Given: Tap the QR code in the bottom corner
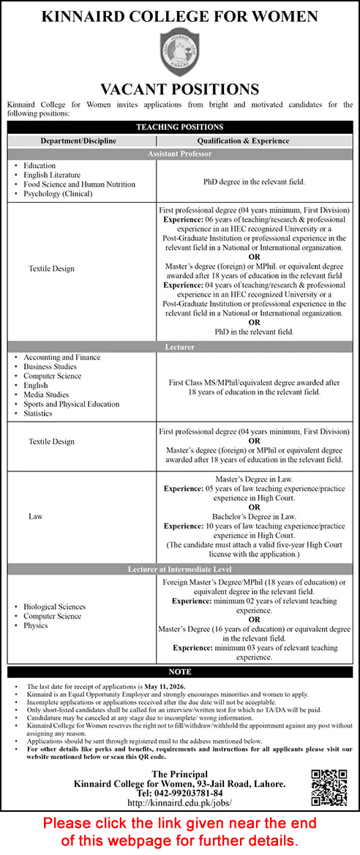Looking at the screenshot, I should point(330,788).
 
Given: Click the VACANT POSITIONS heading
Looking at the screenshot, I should point(180,90).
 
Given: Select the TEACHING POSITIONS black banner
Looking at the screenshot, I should point(180,127).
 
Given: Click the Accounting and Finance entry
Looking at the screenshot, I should point(61,357).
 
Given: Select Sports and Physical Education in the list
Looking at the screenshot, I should point(71,404).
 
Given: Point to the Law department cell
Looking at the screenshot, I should point(36,516).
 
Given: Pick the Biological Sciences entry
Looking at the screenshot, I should point(54,607).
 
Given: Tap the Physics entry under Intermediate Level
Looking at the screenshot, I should point(36,625).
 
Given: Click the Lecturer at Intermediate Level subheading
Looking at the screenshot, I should point(180,568).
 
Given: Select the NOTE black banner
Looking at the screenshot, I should point(180,672).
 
